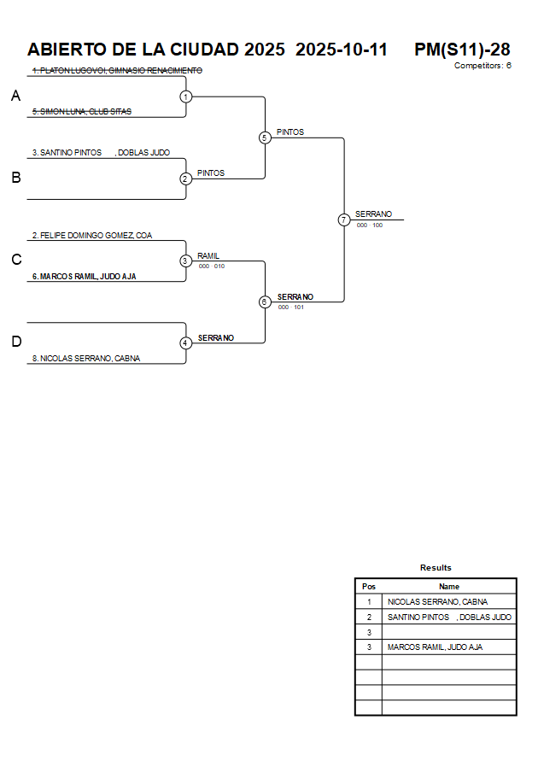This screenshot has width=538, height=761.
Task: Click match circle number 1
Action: click(186, 97)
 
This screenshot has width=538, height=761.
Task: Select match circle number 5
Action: click(265, 138)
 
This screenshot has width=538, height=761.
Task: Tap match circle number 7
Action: click(344, 220)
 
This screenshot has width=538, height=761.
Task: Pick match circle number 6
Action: click(265, 301)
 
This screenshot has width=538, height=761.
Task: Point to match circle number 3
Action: click(186, 260)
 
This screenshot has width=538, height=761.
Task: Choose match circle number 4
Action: click(186, 342)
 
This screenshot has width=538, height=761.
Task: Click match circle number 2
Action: click(186, 179)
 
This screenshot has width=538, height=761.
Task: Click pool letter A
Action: click(15, 97)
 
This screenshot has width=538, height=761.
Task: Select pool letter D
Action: click(15, 342)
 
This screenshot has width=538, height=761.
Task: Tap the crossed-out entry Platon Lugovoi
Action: click(117, 70)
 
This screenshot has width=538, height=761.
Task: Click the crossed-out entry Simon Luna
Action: click(81, 111)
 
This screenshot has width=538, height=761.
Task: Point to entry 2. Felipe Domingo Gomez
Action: click(92, 235)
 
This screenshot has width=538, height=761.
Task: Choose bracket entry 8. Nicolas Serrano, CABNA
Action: click(86, 359)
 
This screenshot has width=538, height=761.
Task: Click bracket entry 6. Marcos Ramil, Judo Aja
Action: click(85, 276)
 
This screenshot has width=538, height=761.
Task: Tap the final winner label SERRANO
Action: click(373, 214)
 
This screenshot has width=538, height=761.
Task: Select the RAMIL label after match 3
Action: click(208, 255)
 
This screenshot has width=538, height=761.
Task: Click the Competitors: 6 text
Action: click(482, 65)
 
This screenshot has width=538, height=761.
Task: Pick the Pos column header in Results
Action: click(369, 587)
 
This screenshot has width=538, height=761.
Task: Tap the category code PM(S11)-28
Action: click(462, 50)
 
